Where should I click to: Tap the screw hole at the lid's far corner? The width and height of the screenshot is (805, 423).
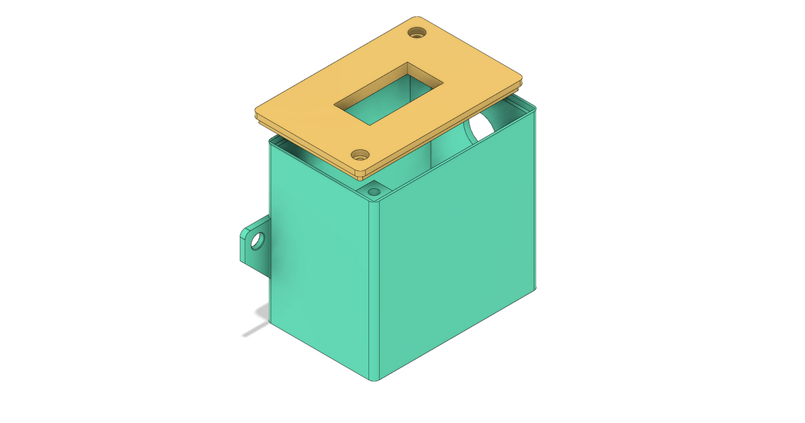pos(419,32)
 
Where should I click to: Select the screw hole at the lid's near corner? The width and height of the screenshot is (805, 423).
pos(360,154)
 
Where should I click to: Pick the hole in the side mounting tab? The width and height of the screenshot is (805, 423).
pos(256,241)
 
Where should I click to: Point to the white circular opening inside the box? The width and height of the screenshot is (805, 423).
pos(480,128)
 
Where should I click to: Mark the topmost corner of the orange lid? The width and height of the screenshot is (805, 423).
pos(417,17)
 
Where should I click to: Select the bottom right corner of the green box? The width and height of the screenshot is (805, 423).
pos(535,287)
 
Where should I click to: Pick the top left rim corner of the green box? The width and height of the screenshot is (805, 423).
pos(270,142)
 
